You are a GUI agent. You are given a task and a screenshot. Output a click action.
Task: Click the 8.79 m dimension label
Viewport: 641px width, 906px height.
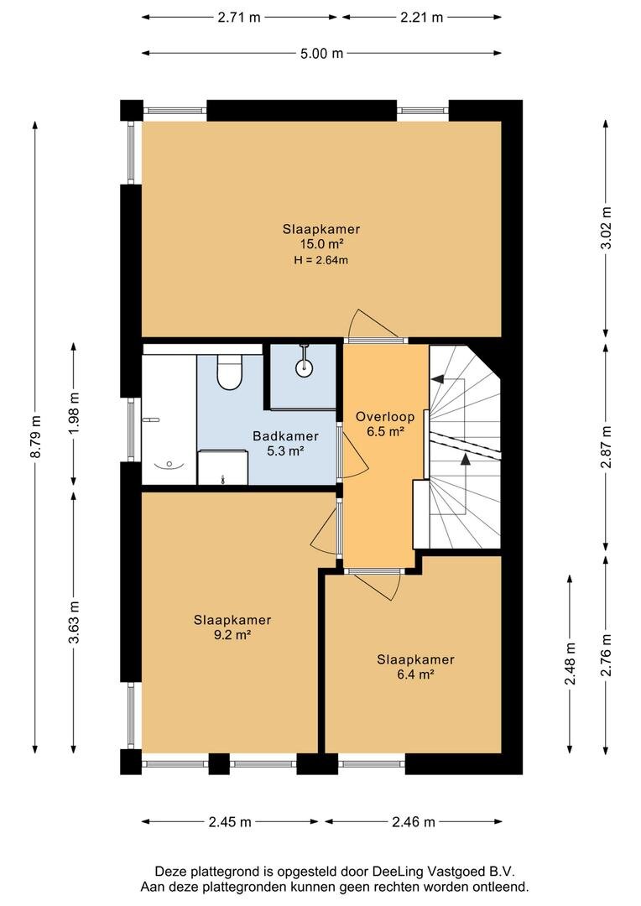pyautogui.click(x=36, y=437)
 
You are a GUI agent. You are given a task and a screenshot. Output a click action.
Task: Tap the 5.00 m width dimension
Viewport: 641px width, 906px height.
pyautogui.click(x=321, y=54)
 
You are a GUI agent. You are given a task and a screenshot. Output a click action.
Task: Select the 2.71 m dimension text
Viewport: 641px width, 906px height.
pyautogui.click(x=239, y=18)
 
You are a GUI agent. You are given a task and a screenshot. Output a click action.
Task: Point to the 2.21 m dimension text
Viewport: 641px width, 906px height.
pyautogui.click(x=421, y=18)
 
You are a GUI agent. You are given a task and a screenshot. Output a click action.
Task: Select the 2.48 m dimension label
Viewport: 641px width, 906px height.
pyautogui.click(x=570, y=664)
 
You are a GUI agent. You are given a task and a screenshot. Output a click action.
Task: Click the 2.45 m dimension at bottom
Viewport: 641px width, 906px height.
pyautogui.click(x=230, y=821)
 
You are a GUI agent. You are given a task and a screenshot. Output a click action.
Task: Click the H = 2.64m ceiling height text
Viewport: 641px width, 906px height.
pyautogui.click(x=320, y=260)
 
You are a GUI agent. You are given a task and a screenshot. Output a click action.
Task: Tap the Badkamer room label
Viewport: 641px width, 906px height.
pyautogui.click(x=285, y=436)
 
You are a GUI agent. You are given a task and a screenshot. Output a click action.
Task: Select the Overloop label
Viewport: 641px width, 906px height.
pyautogui.click(x=385, y=417)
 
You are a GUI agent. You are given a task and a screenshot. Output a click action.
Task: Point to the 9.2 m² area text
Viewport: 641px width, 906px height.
pyautogui.click(x=232, y=635)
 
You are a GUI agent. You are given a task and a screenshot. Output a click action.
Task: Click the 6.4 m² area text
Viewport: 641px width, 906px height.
pyautogui.click(x=415, y=674)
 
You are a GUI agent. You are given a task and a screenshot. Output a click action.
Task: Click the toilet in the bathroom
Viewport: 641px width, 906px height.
pyautogui.click(x=229, y=372)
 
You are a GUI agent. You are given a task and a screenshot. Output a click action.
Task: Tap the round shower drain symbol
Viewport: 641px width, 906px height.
pyautogui.click(x=304, y=366)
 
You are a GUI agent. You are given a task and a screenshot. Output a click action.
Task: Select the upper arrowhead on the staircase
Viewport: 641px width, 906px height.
pyautogui.click(x=438, y=378)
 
